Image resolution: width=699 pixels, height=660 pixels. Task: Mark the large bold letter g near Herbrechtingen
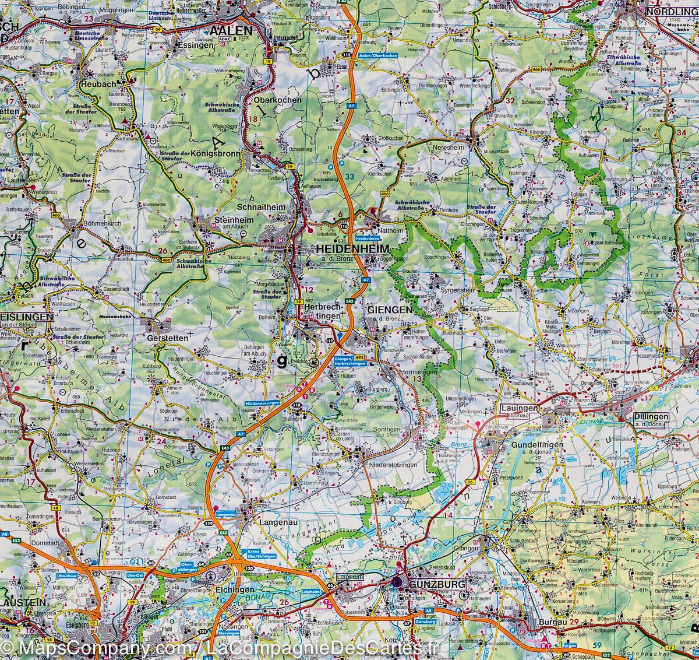tap(281, 361)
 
